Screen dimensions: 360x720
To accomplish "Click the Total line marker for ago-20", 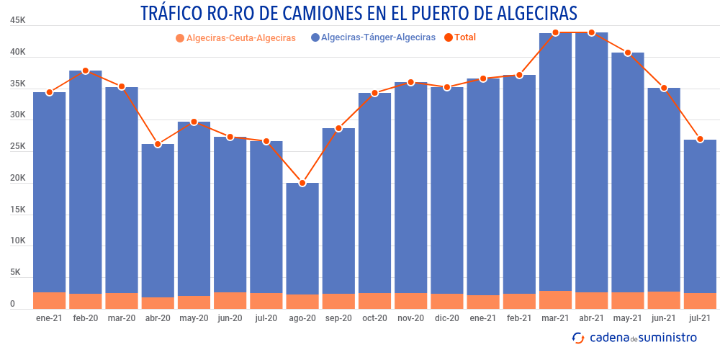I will pos(302,183).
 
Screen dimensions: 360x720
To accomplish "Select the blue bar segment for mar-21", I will pos(555,162).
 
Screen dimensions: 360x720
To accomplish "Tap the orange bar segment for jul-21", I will pos(700,301).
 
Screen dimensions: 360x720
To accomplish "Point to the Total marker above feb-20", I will pos(86,71).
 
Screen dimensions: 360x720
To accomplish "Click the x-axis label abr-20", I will pos(158,318).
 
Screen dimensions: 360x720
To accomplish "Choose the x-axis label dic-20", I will pos(446,318).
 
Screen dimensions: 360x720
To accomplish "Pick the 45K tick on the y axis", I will pos(18,21).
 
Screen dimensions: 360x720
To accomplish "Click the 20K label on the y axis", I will pos(18,179).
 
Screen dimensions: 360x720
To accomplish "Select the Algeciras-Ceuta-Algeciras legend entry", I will pos(235,37).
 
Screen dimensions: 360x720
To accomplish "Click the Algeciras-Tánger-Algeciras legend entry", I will pos(372,37).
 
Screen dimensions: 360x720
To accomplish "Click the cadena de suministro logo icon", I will pos(577,337).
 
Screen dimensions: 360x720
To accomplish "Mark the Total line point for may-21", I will pos(627,53).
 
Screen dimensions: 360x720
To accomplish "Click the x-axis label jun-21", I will pos(663,318).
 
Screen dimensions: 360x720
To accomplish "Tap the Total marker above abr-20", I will pos(158,144).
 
